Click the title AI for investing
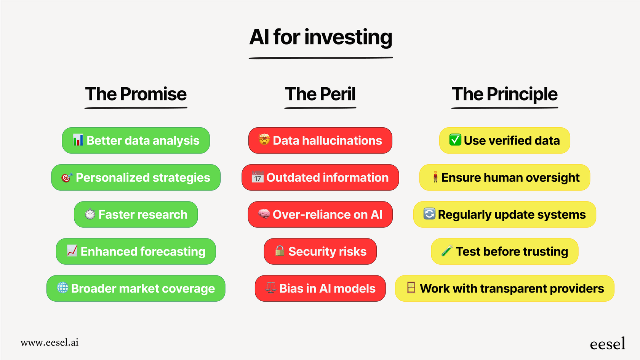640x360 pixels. pyautogui.click(x=321, y=37)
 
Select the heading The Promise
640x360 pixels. pyautogui.click(x=136, y=94)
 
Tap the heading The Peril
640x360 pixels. pyautogui.click(x=320, y=94)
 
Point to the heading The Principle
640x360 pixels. pyautogui.click(x=504, y=94)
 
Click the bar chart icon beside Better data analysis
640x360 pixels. pyautogui.click(x=78, y=140)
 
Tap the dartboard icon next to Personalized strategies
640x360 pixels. pyautogui.click(x=67, y=178)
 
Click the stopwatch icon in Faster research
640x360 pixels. pyautogui.click(x=90, y=214)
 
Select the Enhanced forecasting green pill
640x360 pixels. pyautogui.click(x=136, y=251)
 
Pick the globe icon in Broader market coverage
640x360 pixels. pyautogui.click(x=62, y=288)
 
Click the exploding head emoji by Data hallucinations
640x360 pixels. pyautogui.click(x=264, y=140)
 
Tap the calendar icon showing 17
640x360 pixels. pyautogui.click(x=258, y=177)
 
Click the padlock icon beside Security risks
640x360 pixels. pyautogui.click(x=280, y=251)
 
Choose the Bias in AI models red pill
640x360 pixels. pyautogui.click(x=320, y=288)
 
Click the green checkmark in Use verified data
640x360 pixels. pyautogui.click(x=455, y=140)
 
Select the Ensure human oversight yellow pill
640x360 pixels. pyautogui.click(x=504, y=178)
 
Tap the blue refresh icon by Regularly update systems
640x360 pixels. pyautogui.click(x=429, y=214)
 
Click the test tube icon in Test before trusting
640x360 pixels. pyautogui.click(x=447, y=251)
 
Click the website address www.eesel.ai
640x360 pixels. pyautogui.click(x=50, y=342)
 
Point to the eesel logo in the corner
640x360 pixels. pyautogui.click(x=607, y=344)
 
